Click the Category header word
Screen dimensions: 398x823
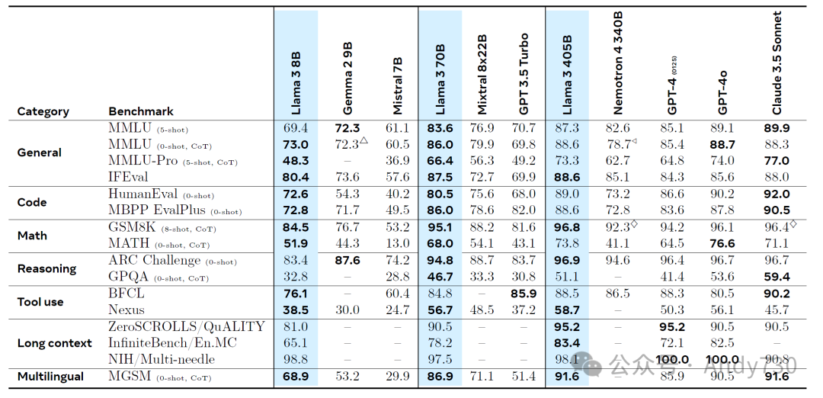pyautogui.click(x=43, y=111)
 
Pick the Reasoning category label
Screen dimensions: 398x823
pyautogui.click(x=46, y=268)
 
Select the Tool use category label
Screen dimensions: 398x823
pyautogui.click(x=41, y=302)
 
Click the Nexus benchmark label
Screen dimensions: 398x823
pyautogui.click(x=126, y=310)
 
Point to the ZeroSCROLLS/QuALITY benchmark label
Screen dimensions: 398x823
pyautogui.click(x=187, y=326)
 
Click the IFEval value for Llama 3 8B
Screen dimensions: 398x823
pyautogui.click(x=296, y=177)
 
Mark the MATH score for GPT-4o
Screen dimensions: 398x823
pyautogui.click(x=722, y=243)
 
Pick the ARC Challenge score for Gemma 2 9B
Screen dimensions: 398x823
pyautogui.click(x=347, y=260)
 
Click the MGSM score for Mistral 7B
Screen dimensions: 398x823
pyautogui.click(x=398, y=377)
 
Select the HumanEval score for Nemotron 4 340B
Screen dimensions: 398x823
pyautogui.click(x=617, y=194)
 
